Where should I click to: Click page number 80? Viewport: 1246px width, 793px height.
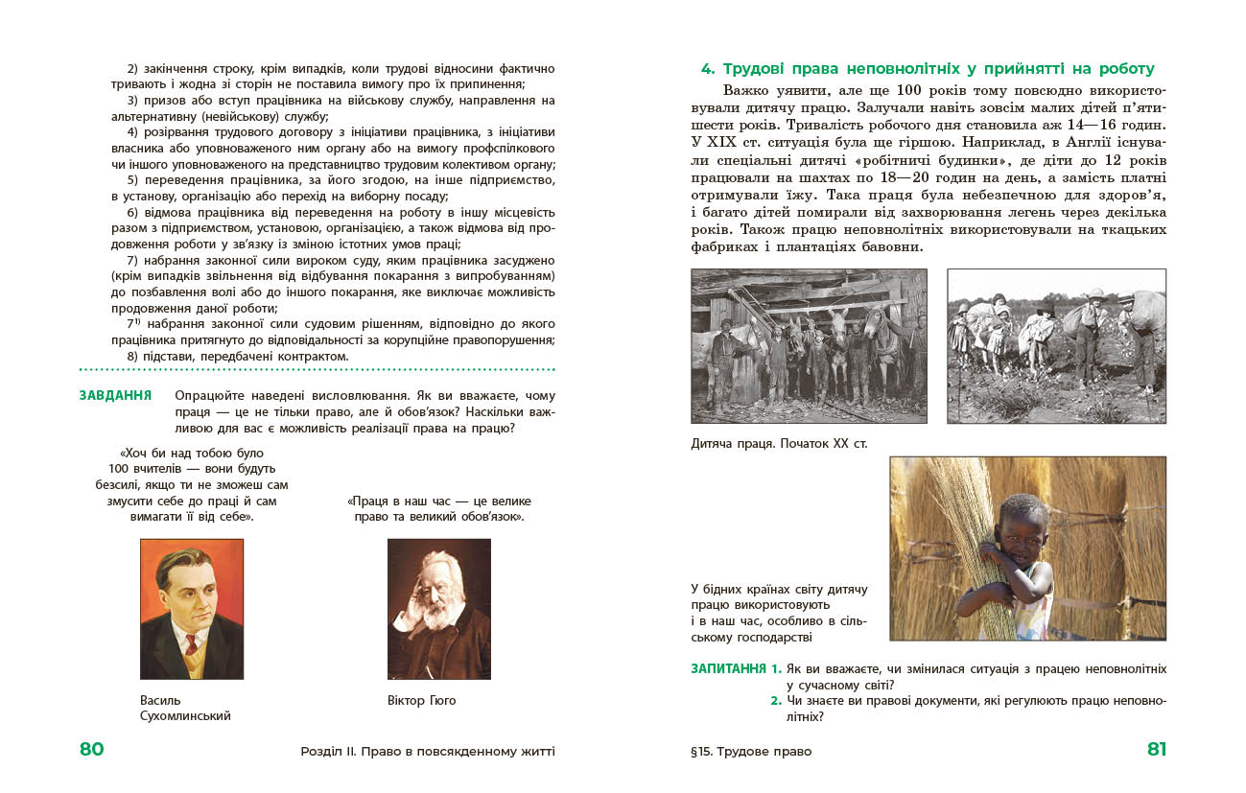(91, 750)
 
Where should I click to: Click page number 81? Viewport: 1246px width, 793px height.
(1157, 750)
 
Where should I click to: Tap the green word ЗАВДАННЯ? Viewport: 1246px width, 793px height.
(115, 395)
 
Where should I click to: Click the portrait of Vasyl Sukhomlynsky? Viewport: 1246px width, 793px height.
(192, 608)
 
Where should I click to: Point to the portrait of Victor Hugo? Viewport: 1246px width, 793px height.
(438, 608)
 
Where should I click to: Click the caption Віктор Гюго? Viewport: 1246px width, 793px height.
(421, 700)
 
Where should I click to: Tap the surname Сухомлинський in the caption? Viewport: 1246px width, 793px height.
(185, 715)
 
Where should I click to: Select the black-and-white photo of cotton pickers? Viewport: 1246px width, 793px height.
(1056, 346)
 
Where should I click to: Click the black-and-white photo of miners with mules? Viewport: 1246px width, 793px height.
(809, 346)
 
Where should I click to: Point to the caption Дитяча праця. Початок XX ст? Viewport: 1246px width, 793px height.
(778, 444)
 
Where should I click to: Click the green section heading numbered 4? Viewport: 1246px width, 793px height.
(928, 69)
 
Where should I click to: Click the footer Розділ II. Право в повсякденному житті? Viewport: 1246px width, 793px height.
(427, 751)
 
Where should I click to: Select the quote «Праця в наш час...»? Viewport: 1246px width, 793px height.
(438, 508)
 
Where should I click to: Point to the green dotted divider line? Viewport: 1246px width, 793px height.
(317, 370)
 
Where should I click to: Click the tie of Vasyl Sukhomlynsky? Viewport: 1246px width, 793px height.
(192, 658)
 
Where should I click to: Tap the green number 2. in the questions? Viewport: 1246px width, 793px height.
(776, 701)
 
